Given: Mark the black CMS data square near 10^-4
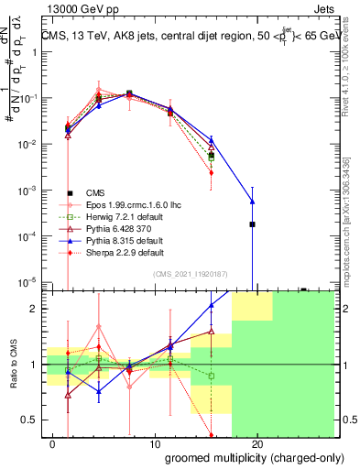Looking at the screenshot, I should click(252, 224).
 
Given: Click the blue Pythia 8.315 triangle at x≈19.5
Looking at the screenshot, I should click(252, 202).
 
